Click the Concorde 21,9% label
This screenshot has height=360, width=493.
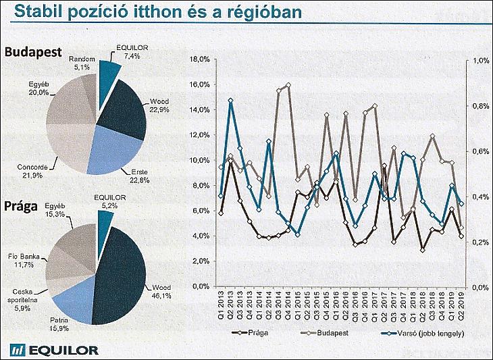(x=29, y=171)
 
